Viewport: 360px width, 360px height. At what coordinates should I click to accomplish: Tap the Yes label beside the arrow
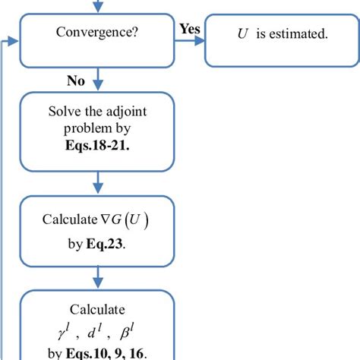click(x=190, y=28)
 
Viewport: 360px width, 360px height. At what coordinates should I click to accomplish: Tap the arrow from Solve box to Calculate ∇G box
click(x=97, y=182)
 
